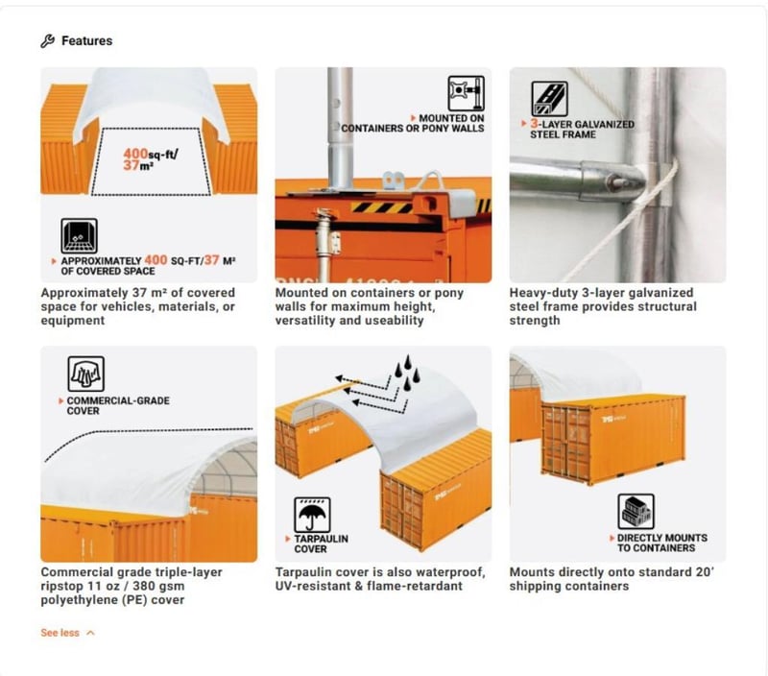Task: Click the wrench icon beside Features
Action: (x=47, y=41)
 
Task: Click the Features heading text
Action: (x=86, y=41)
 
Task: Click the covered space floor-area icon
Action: (x=79, y=235)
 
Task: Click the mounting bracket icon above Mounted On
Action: (x=466, y=94)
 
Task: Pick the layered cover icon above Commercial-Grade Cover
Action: (x=85, y=374)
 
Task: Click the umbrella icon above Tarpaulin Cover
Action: (x=312, y=515)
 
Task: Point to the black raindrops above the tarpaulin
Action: (x=407, y=373)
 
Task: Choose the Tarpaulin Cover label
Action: (x=313, y=543)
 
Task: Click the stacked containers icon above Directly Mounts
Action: (x=636, y=512)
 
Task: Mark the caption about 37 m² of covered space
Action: (x=138, y=306)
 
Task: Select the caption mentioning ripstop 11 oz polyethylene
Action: (x=132, y=586)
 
